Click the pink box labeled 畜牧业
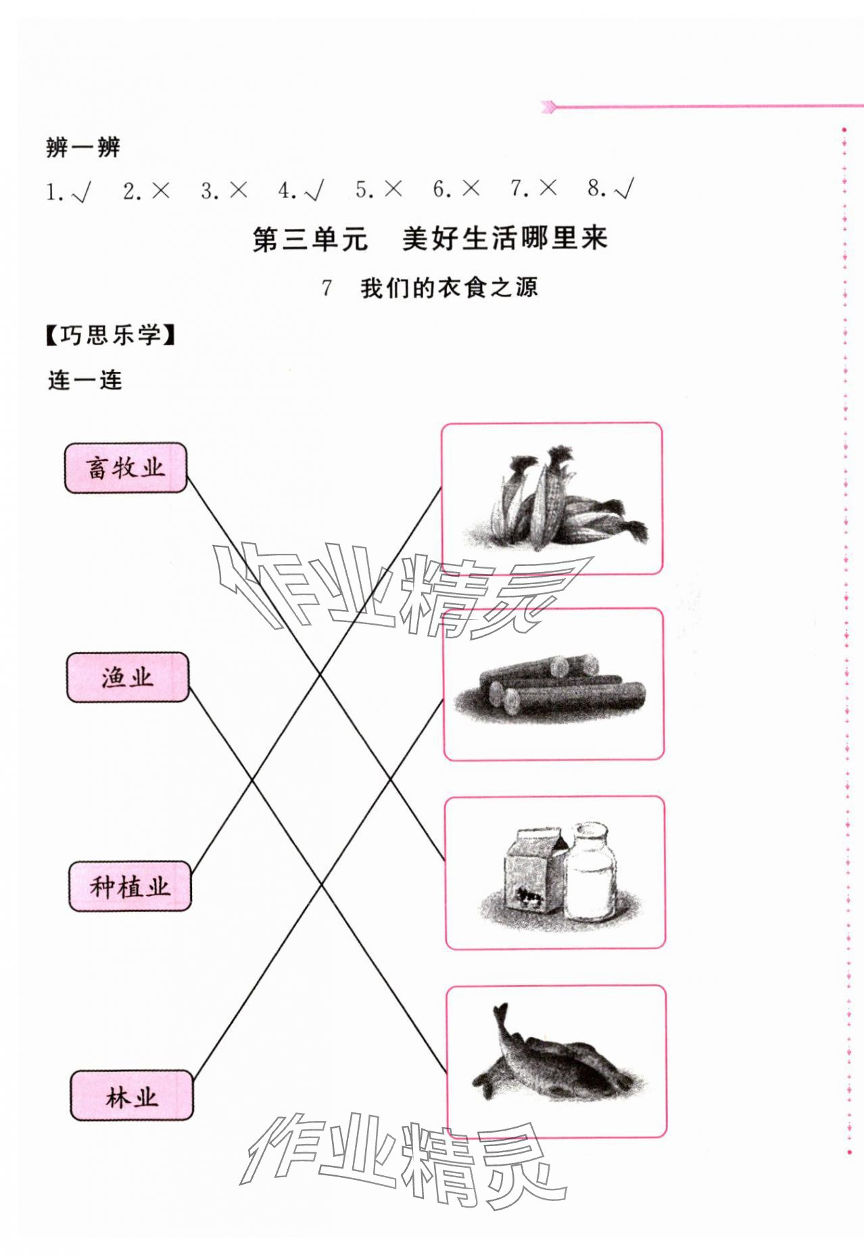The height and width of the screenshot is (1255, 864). (x=125, y=468)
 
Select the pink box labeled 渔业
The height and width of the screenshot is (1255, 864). (x=128, y=677)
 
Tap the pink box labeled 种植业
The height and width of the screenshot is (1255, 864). (x=130, y=886)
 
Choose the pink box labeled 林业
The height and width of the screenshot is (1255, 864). (x=132, y=1095)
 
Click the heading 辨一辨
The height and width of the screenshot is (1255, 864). (x=83, y=147)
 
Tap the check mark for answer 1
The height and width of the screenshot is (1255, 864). (x=81, y=193)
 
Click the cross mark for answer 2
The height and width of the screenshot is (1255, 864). (x=160, y=191)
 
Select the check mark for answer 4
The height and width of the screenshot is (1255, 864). (x=314, y=191)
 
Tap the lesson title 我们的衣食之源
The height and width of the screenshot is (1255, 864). (x=449, y=288)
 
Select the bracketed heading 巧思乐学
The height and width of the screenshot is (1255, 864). (x=111, y=335)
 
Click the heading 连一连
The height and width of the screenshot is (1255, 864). (x=85, y=381)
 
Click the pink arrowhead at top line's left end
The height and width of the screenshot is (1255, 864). (x=549, y=106)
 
